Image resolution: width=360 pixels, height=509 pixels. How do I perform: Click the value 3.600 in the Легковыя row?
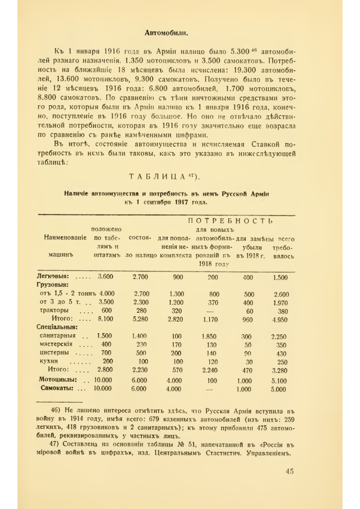pyautogui.click(x=106, y=277)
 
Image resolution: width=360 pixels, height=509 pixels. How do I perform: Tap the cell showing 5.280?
pyautogui.click(x=140, y=319)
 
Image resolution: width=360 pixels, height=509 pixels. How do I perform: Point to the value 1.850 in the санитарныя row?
pyautogui.click(x=212, y=336)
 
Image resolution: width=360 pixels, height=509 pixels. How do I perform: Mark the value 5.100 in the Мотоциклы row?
pyautogui.click(x=279, y=380)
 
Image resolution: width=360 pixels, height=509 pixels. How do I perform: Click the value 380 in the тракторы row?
pyautogui.click(x=281, y=310)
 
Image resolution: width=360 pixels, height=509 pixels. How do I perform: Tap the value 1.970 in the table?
pyautogui.click(x=280, y=302)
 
